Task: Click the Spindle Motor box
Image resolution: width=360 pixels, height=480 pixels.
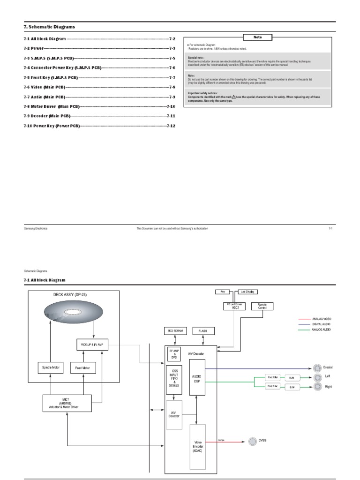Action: [50, 367]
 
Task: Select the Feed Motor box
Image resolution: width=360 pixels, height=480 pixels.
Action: [82, 367]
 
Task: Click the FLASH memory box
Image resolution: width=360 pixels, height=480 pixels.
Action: [203, 330]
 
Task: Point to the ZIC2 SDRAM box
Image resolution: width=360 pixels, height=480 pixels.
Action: [174, 330]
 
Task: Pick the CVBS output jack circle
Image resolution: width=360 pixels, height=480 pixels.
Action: [251, 441]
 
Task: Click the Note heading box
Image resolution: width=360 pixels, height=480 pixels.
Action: [257, 37]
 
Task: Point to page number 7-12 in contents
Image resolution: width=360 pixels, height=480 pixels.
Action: [171, 127]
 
